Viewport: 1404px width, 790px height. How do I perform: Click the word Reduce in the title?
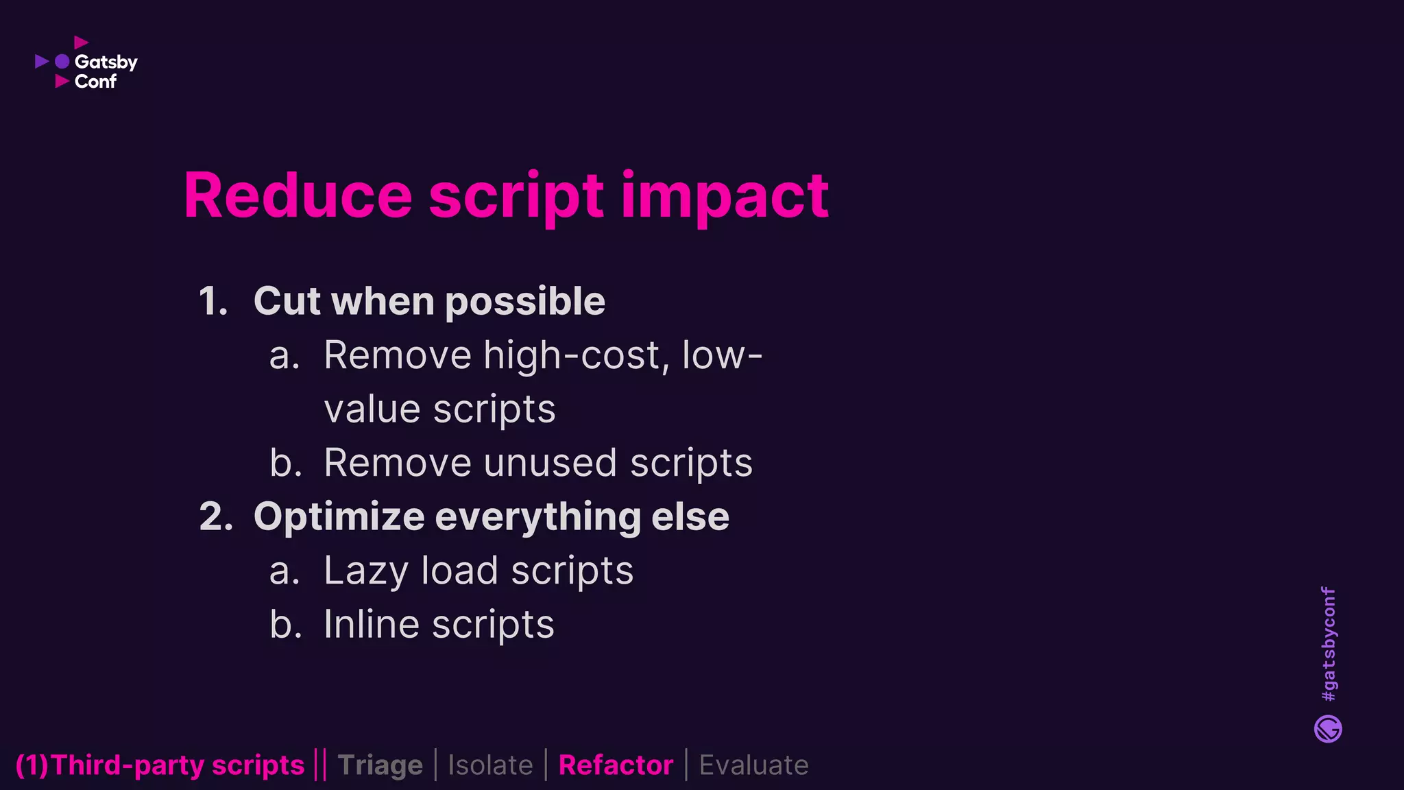point(298,196)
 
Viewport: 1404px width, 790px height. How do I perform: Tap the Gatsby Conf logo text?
point(105,71)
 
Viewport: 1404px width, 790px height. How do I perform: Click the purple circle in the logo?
point(62,62)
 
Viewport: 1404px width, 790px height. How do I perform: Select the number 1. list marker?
point(213,301)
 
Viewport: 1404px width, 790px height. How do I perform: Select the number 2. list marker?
point(216,516)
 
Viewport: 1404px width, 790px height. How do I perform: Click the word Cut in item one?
point(287,301)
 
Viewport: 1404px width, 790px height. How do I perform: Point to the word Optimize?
point(339,518)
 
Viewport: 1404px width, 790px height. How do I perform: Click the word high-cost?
point(572,356)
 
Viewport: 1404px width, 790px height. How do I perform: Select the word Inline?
point(371,625)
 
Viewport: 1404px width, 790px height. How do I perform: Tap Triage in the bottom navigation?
point(380,765)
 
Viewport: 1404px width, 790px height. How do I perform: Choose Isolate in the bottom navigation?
point(490,765)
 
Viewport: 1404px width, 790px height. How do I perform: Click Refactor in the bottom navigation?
point(616,765)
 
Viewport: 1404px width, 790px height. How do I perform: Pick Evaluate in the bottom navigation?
point(753,765)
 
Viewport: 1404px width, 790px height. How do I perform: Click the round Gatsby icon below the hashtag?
point(1328,729)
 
